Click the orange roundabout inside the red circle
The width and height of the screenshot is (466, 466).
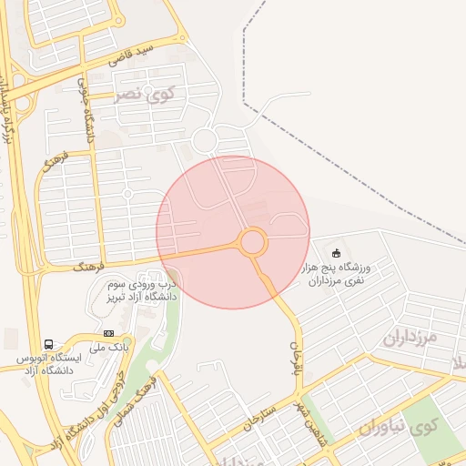[x=253, y=242]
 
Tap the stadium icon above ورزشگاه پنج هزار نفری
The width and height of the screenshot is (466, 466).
[x=337, y=252]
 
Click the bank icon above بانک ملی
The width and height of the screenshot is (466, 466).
[x=109, y=333]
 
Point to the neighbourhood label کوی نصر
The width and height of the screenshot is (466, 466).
[x=146, y=95]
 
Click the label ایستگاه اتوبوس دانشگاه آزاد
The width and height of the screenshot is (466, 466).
[x=50, y=364]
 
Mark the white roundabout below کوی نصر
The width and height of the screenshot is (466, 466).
[x=204, y=140]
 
